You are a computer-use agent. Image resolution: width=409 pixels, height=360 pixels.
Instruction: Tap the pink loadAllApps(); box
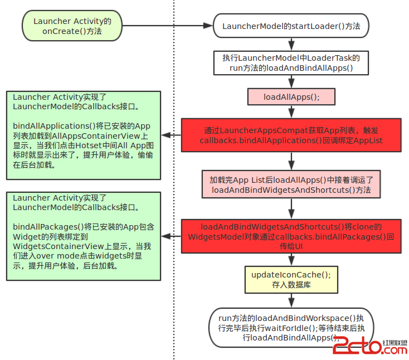point(291,96)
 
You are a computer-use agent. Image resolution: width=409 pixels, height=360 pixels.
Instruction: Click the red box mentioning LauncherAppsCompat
point(291,135)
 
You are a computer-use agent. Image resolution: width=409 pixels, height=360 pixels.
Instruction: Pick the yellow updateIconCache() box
point(291,279)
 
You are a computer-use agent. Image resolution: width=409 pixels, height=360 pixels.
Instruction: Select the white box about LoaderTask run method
point(291,62)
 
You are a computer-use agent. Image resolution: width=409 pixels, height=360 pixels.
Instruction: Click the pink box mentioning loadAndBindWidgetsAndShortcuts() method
point(291,184)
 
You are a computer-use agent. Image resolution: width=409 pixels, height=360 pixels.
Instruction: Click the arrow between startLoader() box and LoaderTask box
point(291,44)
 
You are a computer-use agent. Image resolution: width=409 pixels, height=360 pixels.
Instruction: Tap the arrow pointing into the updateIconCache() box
point(291,260)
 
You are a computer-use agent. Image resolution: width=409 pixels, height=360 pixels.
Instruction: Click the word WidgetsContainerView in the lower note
point(55,246)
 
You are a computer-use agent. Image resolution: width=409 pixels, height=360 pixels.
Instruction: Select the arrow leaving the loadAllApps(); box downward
point(291,111)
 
